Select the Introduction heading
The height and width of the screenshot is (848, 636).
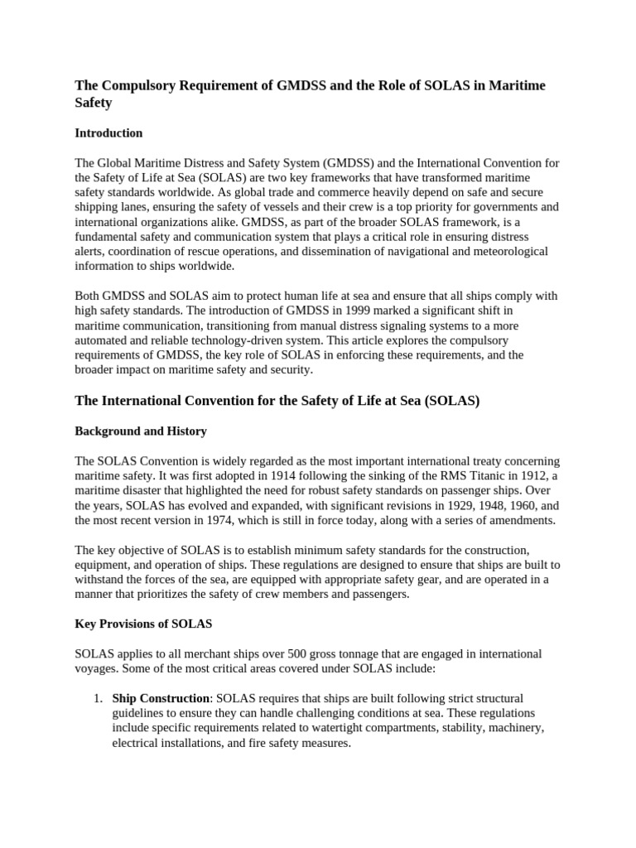(108, 132)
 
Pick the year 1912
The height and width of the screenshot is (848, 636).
(517, 475)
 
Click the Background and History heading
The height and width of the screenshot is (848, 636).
(141, 431)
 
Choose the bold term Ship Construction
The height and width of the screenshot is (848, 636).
(160, 698)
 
